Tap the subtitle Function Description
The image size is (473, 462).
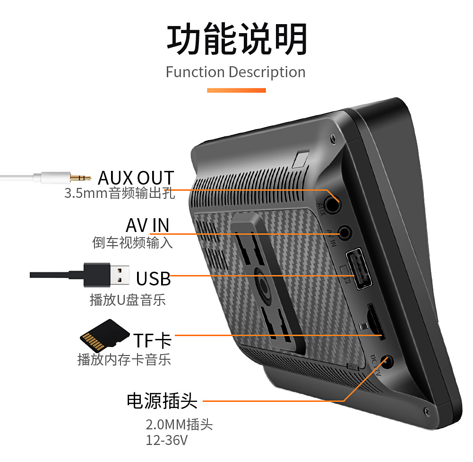tap(235, 72)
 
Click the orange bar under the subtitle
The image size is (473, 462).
tap(236, 90)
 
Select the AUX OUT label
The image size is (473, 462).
tap(136, 178)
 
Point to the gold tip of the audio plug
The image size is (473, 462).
tap(80, 178)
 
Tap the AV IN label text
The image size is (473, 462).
tap(147, 225)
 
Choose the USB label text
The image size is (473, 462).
tap(153, 278)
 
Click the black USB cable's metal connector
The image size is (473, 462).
tap(120, 275)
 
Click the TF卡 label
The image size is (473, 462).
tap(152, 340)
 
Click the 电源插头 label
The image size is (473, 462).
tap(162, 401)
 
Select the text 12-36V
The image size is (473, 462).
tap(166, 440)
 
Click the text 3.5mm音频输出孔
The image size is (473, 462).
tap(119, 194)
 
